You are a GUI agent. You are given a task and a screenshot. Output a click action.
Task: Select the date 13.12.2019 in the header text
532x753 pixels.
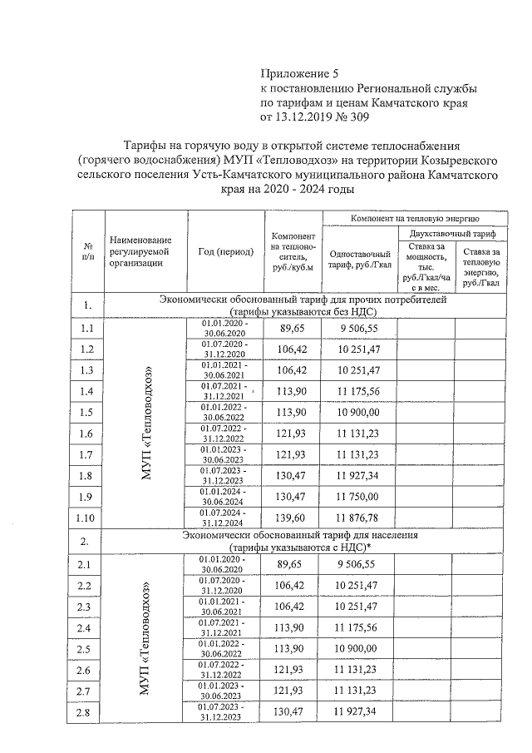(x=307, y=118)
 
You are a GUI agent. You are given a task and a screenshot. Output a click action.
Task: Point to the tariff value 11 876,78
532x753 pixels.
(x=360, y=518)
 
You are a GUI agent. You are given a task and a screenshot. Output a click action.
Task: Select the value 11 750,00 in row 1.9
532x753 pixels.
(x=360, y=497)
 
